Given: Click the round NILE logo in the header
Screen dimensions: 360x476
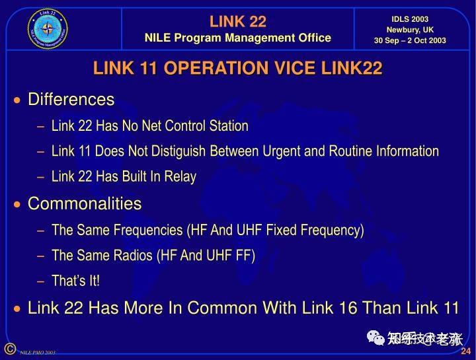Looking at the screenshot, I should pos(48,29).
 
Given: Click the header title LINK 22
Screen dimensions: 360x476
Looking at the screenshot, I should pos(237,22).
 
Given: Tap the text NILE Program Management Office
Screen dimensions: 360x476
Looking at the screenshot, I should pos(237,38).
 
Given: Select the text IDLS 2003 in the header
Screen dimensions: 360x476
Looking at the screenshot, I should pos(410,19).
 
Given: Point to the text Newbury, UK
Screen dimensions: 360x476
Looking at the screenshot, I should pos(410,30).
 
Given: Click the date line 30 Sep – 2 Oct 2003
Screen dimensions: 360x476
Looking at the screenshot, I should pos(410,40).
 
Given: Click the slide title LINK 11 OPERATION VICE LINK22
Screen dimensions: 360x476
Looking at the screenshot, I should pos(238,69).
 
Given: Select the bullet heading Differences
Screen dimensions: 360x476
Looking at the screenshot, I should pos(71,100).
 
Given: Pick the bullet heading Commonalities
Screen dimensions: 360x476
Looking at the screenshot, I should pos(85,203).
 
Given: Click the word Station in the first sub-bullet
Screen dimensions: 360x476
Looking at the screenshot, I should pos(227,126).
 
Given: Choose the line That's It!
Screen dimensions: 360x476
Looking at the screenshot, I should pos(75,281).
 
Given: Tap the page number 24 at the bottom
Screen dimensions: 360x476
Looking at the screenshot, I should pos(465,351).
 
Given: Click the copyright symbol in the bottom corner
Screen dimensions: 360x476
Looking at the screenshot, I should pos(9,349).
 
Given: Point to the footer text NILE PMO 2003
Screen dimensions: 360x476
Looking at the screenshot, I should pos(37,353).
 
